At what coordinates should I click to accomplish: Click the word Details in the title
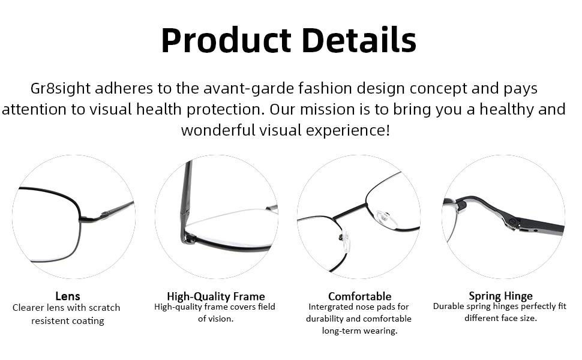[358, 41]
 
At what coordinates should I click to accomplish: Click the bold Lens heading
[68, 296]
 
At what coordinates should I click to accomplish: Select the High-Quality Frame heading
[216, 296]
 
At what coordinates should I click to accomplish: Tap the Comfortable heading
[359, 296]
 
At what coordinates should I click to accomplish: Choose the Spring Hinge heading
[500, 296]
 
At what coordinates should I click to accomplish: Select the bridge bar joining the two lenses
[349, 211]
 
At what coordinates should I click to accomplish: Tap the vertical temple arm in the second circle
[186, 192]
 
